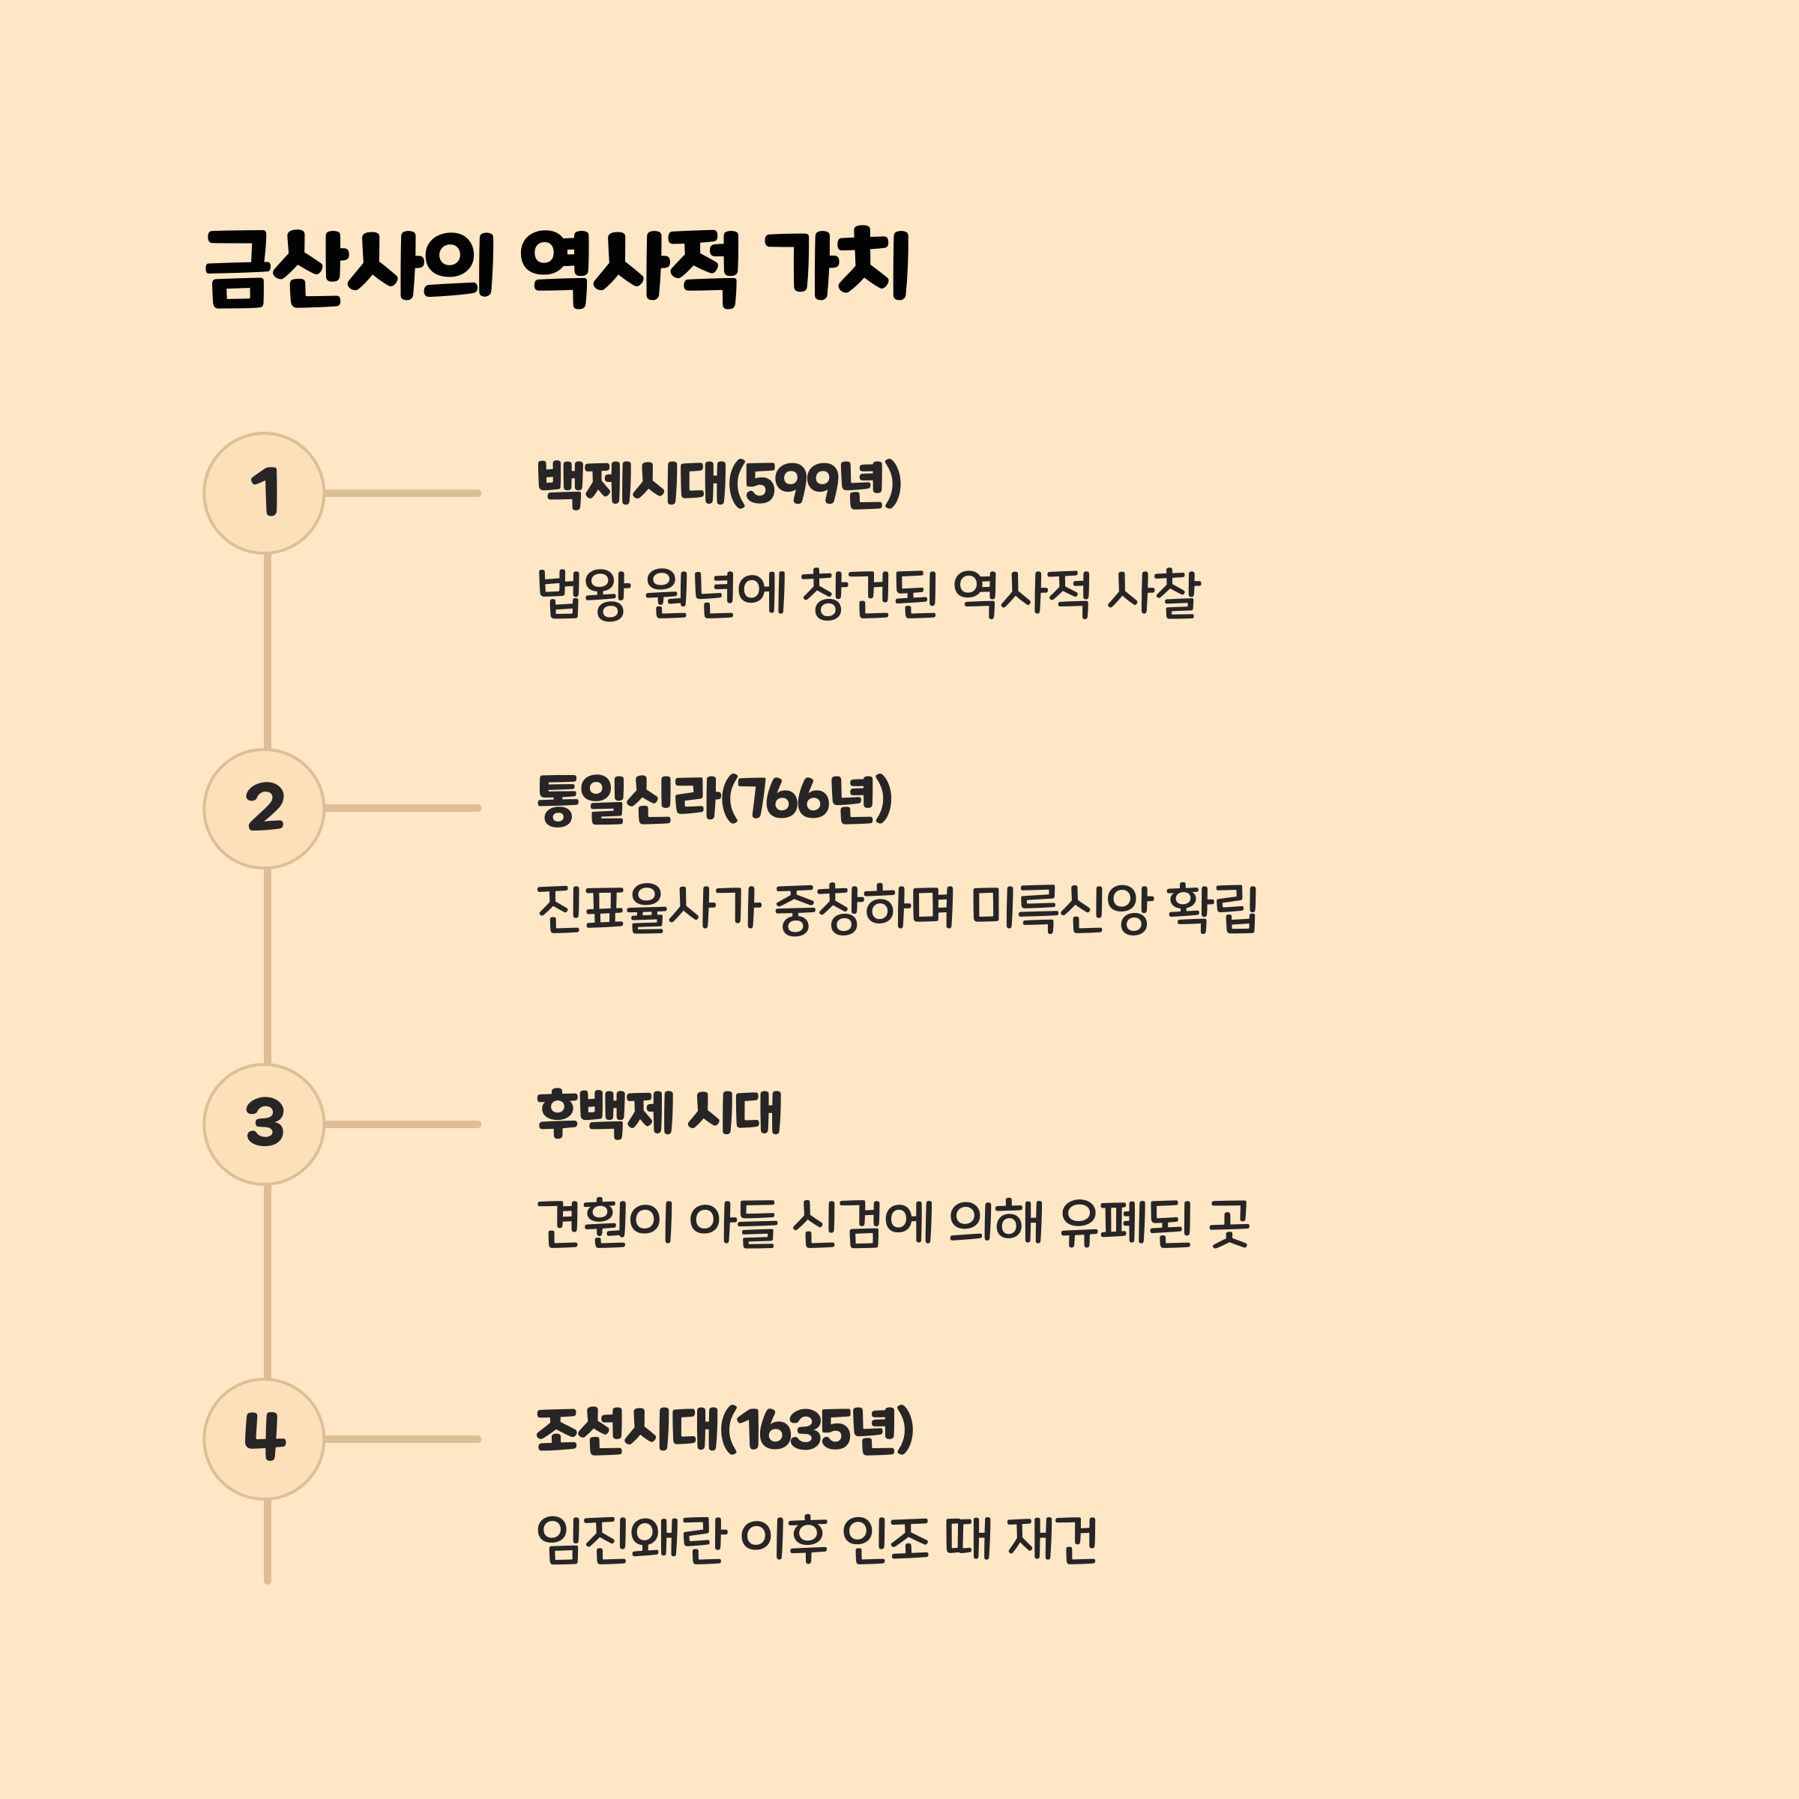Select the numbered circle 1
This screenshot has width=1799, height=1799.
265,492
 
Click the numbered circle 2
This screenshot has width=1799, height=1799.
265,808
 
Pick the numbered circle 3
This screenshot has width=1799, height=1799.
265,1124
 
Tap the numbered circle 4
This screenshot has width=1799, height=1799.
265,1438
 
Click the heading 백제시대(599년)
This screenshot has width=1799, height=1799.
719,484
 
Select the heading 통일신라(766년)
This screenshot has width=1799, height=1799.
714,799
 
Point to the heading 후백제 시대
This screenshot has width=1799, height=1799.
658,1114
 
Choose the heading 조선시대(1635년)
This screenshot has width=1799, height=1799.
724,1429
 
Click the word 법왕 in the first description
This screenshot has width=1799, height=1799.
583,594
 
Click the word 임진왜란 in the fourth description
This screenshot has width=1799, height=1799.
630,1539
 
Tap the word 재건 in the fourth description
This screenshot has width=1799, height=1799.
1052,1539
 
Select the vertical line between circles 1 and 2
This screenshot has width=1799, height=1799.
268,652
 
